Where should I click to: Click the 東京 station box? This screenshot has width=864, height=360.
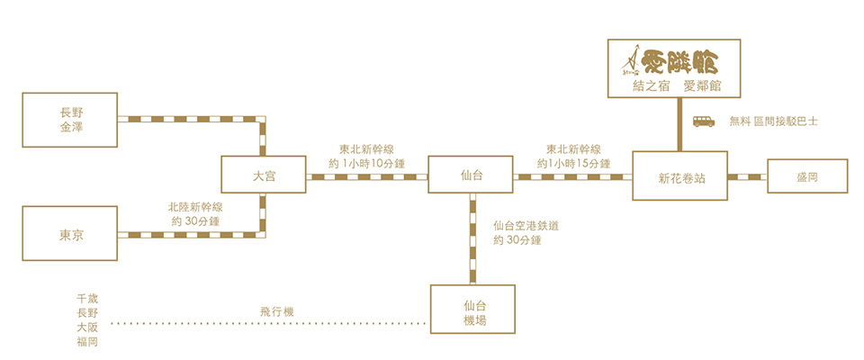70,233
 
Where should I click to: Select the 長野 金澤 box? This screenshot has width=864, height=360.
70,120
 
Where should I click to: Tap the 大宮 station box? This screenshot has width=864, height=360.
264,175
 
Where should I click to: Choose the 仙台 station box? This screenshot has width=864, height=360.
471,175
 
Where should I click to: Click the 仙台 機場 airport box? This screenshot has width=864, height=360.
472,309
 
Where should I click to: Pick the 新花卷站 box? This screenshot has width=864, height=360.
680,175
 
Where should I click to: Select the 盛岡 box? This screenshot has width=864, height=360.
807,175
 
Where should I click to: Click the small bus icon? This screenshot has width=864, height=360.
704,121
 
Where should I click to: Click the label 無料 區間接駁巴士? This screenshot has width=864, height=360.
774,121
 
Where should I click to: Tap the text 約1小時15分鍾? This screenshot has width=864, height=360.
573,163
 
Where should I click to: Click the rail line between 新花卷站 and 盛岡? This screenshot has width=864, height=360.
747,176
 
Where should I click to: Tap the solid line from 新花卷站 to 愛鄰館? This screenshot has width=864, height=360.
680,124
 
